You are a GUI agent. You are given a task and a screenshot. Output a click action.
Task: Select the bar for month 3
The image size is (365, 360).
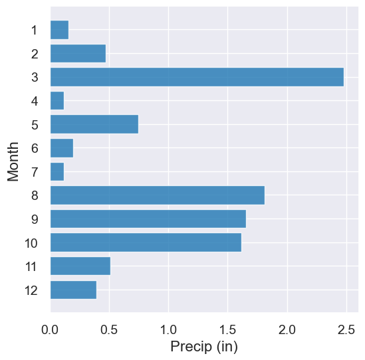(x=197, y=77)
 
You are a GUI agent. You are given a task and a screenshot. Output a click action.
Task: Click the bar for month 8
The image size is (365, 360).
(x=158, y=195)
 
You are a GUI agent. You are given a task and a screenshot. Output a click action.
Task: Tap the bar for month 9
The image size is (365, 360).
(x=148, y=219)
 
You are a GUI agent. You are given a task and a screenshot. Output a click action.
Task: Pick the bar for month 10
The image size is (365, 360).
(x=146, y=242)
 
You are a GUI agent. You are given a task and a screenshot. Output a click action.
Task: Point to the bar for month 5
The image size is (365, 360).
(x=94, y=124)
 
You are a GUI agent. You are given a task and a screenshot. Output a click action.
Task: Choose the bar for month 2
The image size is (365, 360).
(x=78, y=53)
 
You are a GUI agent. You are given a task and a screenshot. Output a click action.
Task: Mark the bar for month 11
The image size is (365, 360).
(x=80, y=266)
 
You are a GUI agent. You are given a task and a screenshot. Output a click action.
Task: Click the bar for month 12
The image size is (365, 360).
(x=73, y=290)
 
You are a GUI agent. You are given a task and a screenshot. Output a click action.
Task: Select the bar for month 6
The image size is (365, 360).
(x=62, y=148)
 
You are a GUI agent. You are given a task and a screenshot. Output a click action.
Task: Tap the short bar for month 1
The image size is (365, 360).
(x=59, y=30)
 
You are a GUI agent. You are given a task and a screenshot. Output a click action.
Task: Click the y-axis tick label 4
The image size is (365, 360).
(x=34, y=101)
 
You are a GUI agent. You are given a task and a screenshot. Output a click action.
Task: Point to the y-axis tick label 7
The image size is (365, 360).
(x=34, y=172)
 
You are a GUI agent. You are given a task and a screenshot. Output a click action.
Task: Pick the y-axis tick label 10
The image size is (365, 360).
(x=31, y=243)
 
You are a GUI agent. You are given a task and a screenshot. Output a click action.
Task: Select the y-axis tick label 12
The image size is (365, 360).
(x=31, y=290)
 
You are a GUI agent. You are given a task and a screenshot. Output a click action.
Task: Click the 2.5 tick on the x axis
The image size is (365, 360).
(x=346, y=329)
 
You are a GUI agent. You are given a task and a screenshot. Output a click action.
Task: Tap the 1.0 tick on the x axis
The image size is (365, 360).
(x=169, y=329)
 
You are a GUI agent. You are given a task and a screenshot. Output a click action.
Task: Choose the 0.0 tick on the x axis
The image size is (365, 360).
(x=51, y=329)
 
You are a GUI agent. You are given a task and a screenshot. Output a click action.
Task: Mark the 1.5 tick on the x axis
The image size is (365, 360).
(x=228, y=329)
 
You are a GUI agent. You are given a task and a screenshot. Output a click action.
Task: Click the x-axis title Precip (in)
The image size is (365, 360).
(x=204, y=346)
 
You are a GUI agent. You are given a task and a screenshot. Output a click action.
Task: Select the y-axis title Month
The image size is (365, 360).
(x=13, y=160)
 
